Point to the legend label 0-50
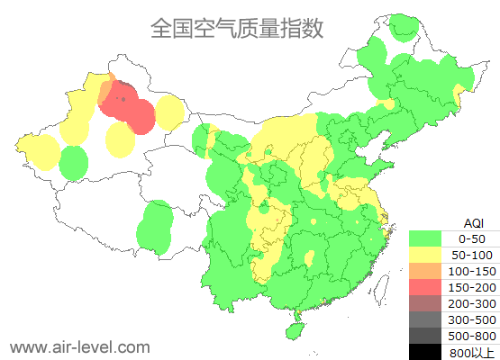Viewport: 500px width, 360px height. click(x=472, y=238)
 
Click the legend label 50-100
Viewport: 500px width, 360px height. click(x=472, y=255)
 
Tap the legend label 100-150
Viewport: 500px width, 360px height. click(x=472, y=271)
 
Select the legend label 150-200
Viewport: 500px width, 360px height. click(x=472, y=287)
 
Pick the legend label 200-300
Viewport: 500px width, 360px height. click(x=472, y=303)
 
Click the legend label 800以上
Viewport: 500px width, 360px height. click(x=472, y=352)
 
